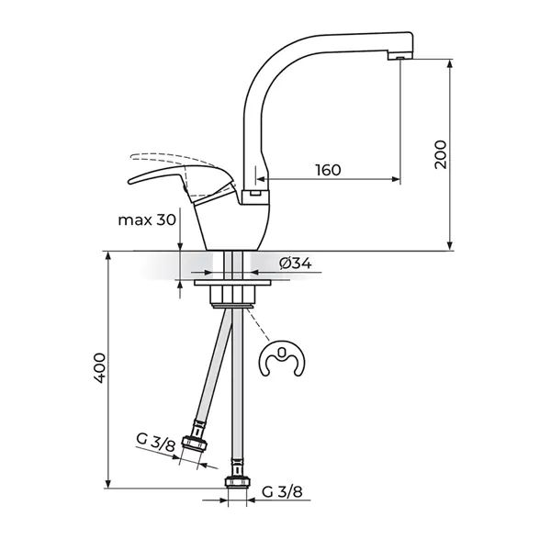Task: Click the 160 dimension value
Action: [x=328, y=170]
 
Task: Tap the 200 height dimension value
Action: [x=440, y=154]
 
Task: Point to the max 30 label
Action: [x=147, y=220]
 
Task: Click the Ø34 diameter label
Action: [x=295, y=263]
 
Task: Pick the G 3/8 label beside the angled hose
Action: [x=155, y=443]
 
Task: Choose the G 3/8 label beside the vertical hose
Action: [x=282, y=491]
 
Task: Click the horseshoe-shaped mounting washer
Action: [x=282, y=358]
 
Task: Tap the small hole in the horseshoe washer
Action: [x=281, y=351]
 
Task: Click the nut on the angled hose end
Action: [x=195, y=443]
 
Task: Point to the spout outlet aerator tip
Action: [x=400, y=57]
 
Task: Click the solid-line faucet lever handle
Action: [x=182, y=183]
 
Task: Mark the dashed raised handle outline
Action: [x=173, y=161]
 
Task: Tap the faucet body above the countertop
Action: [x=229, y=225]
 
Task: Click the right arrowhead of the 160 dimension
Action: [x=396, y=179]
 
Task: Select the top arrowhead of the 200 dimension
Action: [x=450, y=64]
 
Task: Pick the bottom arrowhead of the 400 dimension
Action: [x=108, y=484]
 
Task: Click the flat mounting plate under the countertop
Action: [x=232, y=283]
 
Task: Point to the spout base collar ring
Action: [x=255, y=197]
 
